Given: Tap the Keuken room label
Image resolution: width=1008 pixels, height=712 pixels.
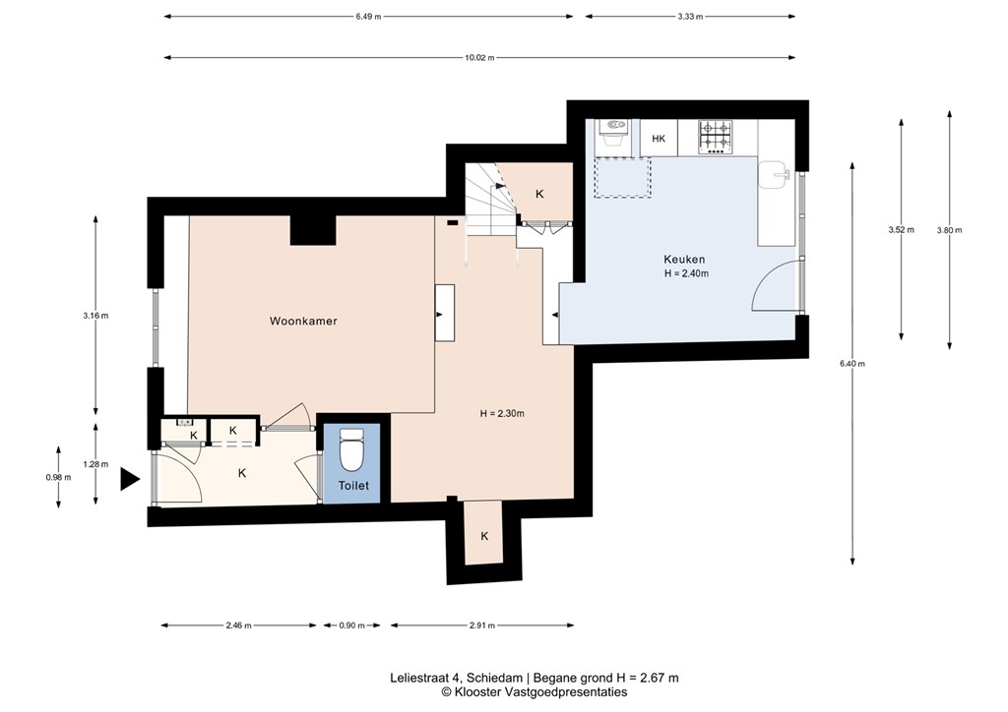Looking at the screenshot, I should (685, 260).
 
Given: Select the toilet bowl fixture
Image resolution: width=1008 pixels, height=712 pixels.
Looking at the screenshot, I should (351, 453).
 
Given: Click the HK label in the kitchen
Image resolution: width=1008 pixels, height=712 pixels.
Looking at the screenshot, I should (659, 139).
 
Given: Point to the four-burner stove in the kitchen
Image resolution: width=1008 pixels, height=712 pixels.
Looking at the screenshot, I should (716, 137).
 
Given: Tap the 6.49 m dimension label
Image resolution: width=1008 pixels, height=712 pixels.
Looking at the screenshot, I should (369, 16).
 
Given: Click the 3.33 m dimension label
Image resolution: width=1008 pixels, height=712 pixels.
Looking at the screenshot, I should (691, 16).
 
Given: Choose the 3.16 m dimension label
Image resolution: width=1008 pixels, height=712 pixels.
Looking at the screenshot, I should (95, 316).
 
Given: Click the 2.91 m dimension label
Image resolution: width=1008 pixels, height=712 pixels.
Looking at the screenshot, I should (481, 625).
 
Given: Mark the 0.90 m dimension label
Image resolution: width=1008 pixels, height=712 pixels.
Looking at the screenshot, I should (352, 625).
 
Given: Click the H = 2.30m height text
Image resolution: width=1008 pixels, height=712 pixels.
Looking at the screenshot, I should (502, 414).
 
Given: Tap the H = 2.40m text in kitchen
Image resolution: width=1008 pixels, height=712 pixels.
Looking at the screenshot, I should (686, 273).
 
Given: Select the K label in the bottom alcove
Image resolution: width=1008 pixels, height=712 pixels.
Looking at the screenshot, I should (484, 536).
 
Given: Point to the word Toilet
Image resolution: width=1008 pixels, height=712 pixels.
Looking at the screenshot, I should (353, 486).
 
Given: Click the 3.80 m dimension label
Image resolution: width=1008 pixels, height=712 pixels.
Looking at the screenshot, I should (949, 230).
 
